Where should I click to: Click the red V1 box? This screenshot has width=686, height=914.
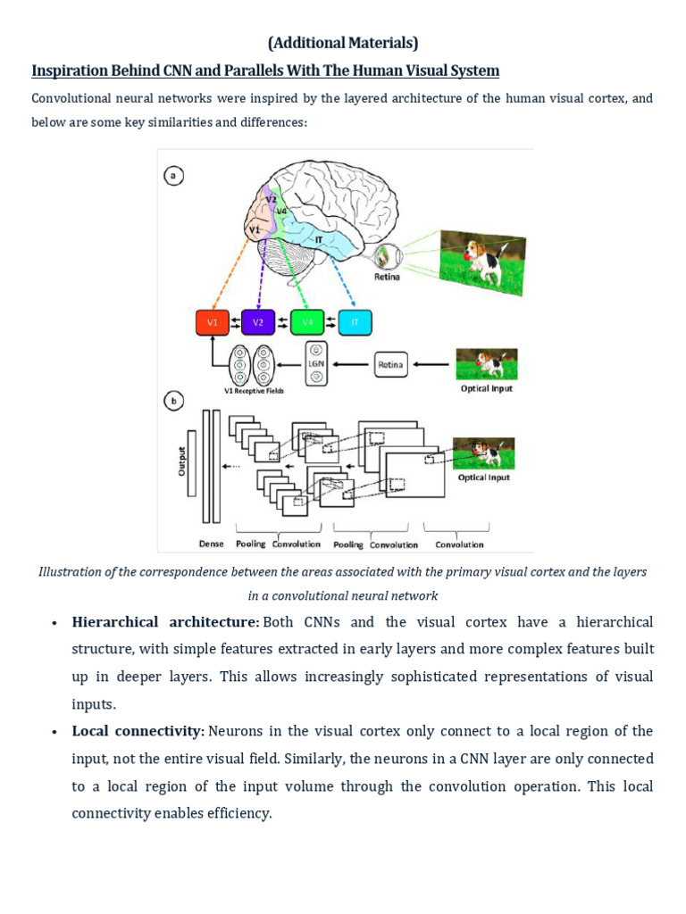[213, 322]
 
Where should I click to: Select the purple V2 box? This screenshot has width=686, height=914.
[258, 322]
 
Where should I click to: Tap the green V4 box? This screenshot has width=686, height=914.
[307, 322]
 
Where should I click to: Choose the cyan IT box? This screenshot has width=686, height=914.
[355, 322]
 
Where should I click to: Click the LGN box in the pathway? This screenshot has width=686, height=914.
[316, 363]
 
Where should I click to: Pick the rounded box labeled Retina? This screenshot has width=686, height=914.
[390, 364]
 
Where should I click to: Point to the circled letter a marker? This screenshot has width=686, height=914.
[173, 176]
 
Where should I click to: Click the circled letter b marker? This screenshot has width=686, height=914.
[173, 401]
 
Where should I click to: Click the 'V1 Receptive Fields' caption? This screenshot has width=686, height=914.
[253, 391]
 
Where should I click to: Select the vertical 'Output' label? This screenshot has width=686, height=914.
[182, 461]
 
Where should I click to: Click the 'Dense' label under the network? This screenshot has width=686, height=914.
[212, 544]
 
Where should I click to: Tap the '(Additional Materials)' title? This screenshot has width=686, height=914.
[343, 42]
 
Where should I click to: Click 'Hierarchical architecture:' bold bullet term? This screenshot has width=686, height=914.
[165, 622]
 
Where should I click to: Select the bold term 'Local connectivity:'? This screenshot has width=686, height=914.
[138, 732]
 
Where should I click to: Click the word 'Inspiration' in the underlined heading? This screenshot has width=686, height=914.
[69, 71]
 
